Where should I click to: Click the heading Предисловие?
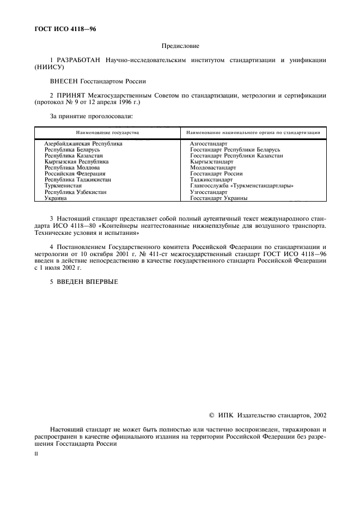tap(179, 47)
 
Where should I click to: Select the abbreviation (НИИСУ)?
tap(49, 68)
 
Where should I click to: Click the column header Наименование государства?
tap(107, 132)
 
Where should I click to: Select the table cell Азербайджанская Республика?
tap(83, 143)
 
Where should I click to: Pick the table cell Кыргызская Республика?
tap(76, 161)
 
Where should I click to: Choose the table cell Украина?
tap(56, 198)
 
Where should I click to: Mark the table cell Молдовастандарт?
tap(213, 167)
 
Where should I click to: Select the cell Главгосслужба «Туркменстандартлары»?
tap(242, 186)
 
